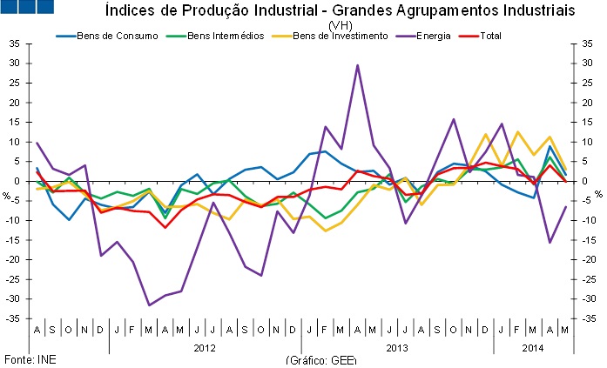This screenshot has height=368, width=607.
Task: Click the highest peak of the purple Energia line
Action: coord(357,64)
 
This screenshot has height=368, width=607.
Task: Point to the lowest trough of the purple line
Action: coord(149,305)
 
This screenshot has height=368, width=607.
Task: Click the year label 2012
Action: coord(205,347)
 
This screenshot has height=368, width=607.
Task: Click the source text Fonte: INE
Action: coord(26,359)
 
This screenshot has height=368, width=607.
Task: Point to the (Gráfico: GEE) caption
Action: coord(321,360)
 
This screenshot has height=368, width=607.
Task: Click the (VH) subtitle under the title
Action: coord(341,24)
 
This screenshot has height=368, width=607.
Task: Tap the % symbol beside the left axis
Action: coord(6,195)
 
